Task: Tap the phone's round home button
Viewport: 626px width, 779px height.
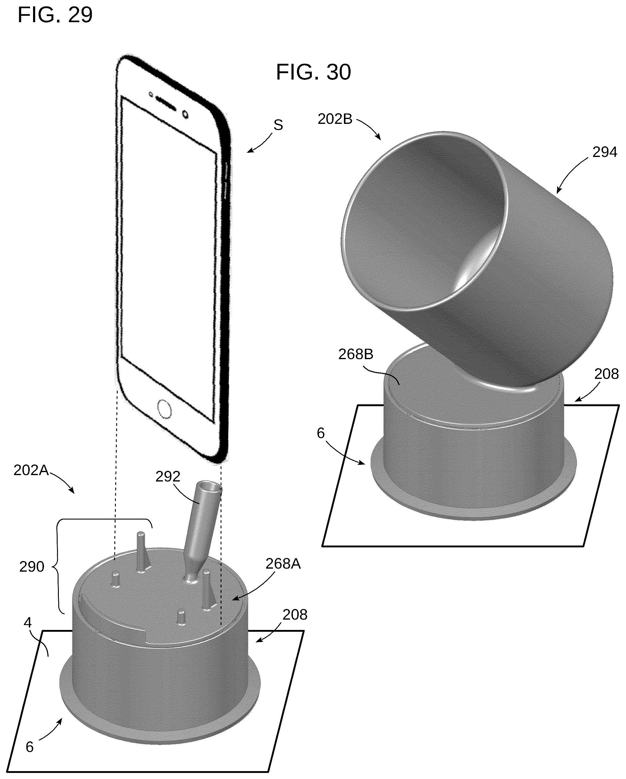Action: [x=164, y=409]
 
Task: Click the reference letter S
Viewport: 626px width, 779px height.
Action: [x=278, y=125]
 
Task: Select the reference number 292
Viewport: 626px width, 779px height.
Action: [x=168, y=477]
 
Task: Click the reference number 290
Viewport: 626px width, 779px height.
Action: [x=32, y=566]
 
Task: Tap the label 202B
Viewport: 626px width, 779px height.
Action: [x=335, y=119]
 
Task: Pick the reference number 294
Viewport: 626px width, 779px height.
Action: [x=605, y=152]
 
